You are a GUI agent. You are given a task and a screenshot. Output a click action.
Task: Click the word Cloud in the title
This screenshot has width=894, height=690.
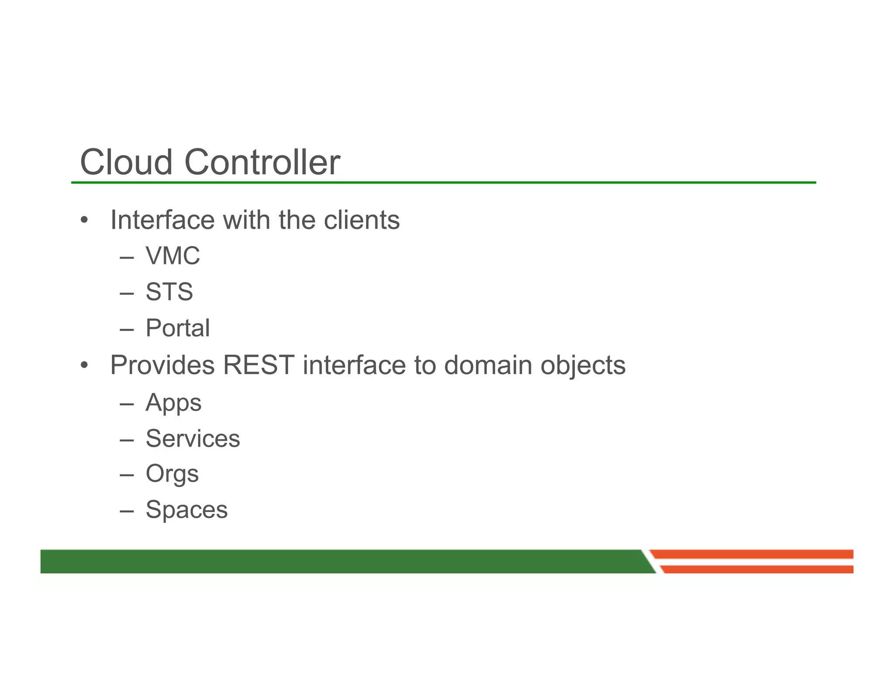[x=126, y=162]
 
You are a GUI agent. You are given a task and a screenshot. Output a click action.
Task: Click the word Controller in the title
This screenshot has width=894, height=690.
[x=262, y=162]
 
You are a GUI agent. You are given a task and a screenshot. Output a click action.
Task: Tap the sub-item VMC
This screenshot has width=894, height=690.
[x=173, y=256]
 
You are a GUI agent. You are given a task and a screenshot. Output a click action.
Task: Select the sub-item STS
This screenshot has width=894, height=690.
[x=169, y=292]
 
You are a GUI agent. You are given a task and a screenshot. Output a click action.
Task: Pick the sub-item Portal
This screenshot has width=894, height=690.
[x=178, y=328]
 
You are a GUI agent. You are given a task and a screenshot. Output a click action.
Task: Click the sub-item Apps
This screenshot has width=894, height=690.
[x=173, y=403]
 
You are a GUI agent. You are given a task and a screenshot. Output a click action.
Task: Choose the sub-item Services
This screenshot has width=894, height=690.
[x=193, y=438]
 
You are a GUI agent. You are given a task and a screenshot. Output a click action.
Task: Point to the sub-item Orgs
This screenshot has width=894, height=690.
[x=172, y=474]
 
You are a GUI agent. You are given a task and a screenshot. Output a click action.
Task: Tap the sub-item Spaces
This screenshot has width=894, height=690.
[x=186, y=510]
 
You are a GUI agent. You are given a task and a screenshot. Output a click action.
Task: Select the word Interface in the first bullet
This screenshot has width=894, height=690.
[x=162, y=220]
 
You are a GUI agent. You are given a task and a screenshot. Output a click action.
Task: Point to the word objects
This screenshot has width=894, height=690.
[x=583, y=366]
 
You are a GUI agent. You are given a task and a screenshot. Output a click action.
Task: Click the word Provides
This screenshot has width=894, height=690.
[x=162, y=365]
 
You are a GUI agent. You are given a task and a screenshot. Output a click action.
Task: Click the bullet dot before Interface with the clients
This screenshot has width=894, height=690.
[x=84, y=220]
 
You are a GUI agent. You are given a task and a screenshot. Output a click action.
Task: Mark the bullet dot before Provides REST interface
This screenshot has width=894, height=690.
[x=84, y=365]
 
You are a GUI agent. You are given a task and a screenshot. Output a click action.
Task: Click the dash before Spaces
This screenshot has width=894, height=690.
[x=127, y=510]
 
